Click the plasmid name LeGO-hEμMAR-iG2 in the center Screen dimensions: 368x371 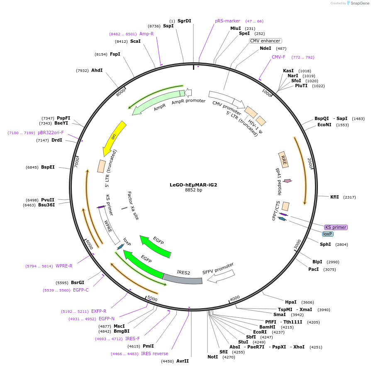click(x=193, y=185)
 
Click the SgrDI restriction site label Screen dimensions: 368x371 click(x=184, y=21)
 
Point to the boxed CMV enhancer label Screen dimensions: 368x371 click(x=265, y=41)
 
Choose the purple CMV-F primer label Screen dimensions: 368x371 click(x=278, y=57)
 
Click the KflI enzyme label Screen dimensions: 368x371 click(x=334, y=197)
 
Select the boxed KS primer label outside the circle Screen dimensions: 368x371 click(x=336, y=227)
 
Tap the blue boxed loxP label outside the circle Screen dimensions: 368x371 click(x=328, y=234)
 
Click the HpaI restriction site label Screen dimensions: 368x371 click(x=290, y=302)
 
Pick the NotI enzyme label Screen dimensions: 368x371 click(x=212, y=357)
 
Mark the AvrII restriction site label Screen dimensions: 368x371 click(x=183, y=361)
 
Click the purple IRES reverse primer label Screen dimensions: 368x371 click(x=154, y=353)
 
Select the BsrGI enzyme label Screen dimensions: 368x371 click(x=78, y=282)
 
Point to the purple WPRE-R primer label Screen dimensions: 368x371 click(x=64, y=266)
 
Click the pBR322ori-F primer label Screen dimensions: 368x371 click(x=51, y=132)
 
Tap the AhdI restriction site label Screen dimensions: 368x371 click(x=97, y=70)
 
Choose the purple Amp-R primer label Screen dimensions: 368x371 click(x=146, y=34)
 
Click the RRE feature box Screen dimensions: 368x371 click(x=284, y=159)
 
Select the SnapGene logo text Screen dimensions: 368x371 click(x=359, y=3)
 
